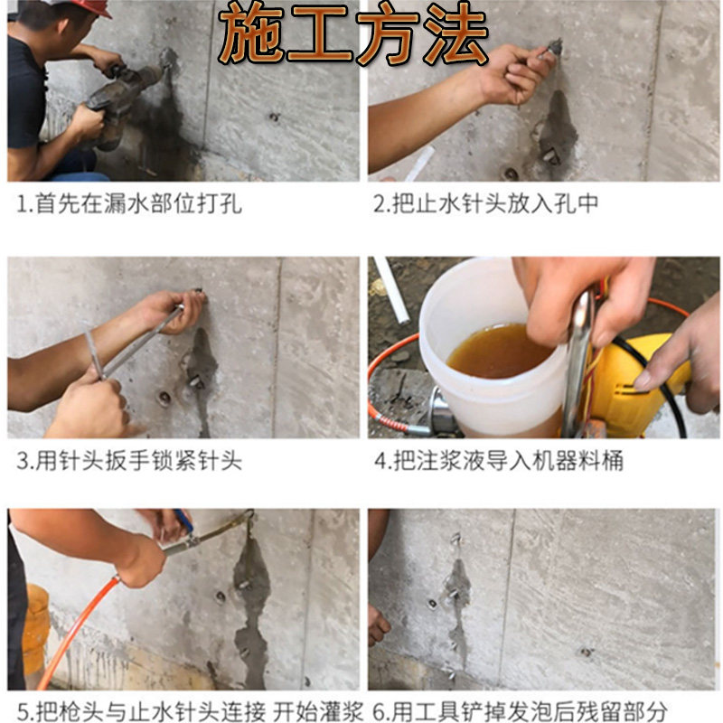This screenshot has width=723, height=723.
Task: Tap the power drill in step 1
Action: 125,99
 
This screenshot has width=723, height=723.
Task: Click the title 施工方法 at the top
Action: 352,34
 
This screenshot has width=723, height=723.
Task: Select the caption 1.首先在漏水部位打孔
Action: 129,203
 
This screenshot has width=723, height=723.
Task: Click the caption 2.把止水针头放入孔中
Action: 485,203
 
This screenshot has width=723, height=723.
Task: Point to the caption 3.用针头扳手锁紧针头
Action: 129,460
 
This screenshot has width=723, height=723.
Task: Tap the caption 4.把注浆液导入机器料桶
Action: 499,460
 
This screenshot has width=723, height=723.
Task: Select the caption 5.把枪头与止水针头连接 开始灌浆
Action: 191,711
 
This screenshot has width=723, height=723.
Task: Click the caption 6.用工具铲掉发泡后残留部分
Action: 520,711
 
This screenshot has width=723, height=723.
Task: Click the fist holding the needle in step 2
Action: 512,74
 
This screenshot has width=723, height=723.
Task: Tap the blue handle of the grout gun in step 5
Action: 183,521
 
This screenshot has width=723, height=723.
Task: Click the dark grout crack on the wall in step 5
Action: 251,608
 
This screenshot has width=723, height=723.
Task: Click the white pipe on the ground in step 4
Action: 391,289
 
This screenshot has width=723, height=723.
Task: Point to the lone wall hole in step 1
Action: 274,117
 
